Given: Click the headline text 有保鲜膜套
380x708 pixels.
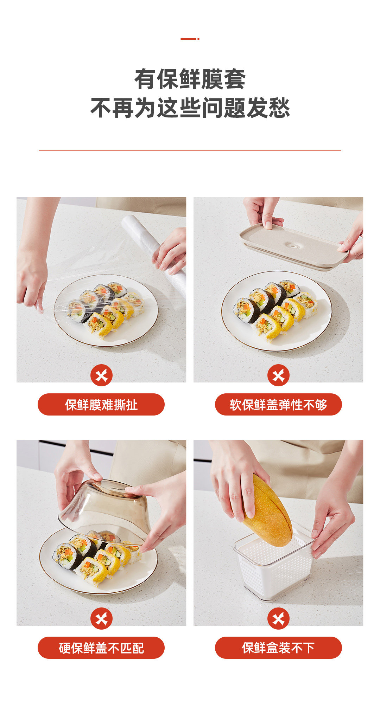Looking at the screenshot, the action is (x=190, y=79).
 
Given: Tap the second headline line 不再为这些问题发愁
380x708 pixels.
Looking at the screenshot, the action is (x=190, y=108).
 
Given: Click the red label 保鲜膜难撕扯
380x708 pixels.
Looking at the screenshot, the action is (x=101, y=405).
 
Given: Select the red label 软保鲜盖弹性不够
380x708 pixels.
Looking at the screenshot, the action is (x=278, y=405).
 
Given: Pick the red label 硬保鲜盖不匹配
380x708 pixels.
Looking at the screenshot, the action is (x=101, y=648).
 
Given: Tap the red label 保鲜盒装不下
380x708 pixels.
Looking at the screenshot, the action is (x=278, y=648).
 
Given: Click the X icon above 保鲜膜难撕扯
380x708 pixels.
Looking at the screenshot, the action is (x=101, y=375).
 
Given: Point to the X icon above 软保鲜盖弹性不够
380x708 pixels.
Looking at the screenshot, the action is (x=278, y=375).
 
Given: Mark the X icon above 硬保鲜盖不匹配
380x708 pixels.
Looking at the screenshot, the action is (x=101, y=619).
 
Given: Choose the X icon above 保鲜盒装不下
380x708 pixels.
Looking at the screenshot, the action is (x=278, y=619).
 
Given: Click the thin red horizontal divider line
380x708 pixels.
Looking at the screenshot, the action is (x=190, y=151).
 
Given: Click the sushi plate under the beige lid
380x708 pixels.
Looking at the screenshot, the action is (x=277, y=311).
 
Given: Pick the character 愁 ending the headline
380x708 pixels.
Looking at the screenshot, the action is (x=279, y=108).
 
